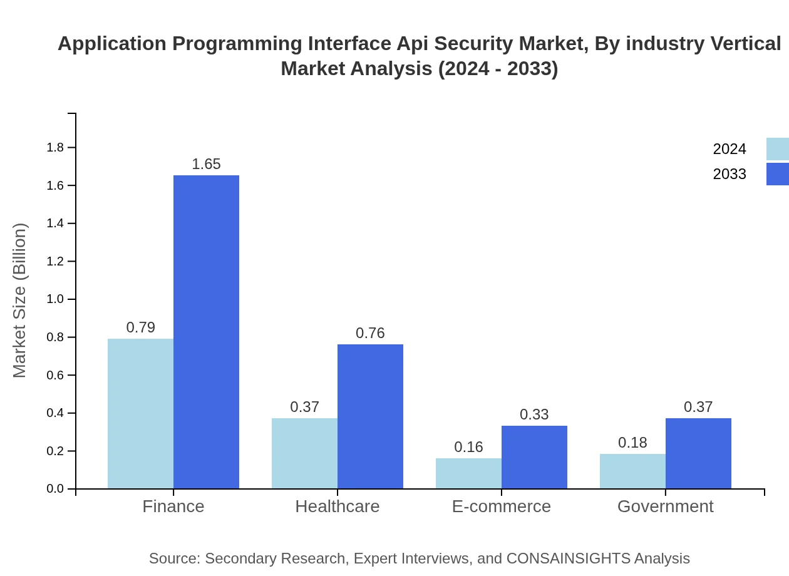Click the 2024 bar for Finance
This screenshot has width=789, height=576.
point(140,413)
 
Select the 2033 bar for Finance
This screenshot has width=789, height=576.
point(206,332)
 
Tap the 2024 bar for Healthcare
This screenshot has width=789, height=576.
point(304,453)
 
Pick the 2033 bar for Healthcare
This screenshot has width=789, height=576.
point(370,416)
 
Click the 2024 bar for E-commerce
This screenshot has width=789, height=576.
point(468,473)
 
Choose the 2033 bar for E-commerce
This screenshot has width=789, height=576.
point(534,457)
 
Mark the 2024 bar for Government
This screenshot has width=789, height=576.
point(632,471)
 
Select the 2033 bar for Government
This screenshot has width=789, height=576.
point(698,453)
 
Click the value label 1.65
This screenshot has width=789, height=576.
point(206,164)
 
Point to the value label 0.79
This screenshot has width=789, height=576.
point(140,327)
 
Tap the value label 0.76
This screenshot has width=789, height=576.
point(370,333)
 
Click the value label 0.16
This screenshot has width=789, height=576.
point(468,447)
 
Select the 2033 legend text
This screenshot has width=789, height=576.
point(730,174)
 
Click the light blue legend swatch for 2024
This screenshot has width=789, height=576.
point(778,149)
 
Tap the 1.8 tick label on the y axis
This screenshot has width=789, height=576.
point(56,148)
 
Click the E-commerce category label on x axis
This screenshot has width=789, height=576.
point(501,506)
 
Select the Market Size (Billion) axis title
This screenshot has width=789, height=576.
point(19,301)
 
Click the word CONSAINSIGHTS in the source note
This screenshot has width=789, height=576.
point(569,558)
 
